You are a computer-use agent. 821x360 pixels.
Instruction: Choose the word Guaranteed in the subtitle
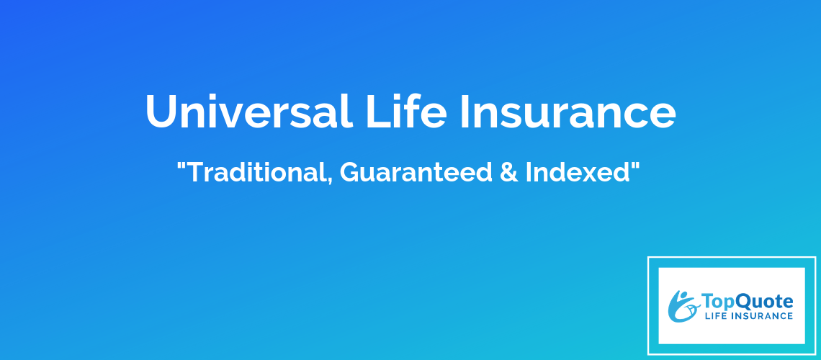click(416, 172)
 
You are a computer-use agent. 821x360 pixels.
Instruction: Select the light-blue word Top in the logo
click(717, 302)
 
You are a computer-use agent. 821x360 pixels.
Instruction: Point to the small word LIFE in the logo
click(713, 315)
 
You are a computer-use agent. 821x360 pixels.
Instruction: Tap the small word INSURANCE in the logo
click(760, 315)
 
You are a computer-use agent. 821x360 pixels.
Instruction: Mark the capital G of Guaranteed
click(350, 173)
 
